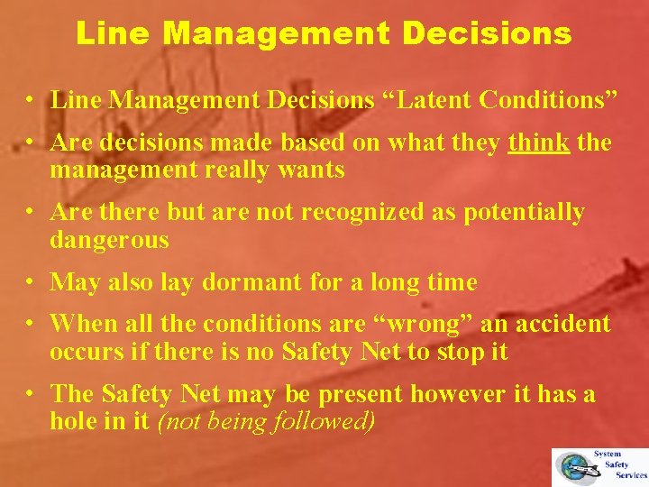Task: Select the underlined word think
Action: (538, 142)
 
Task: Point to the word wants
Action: (312, 170)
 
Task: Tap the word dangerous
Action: (109, 240)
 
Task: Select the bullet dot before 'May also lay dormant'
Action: (31, 283)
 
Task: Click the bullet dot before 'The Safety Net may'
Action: (31, 395)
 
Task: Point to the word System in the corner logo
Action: (607, 455)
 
